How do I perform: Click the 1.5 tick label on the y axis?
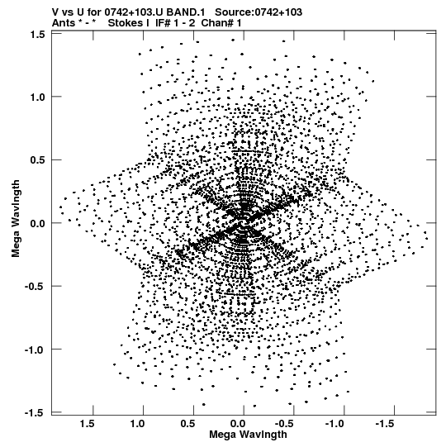[38, 35]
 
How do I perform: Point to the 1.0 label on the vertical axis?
[38, 97]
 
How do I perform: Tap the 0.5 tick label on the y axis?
[38, 160]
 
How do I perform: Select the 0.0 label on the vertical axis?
[38, 223]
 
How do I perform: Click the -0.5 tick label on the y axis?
[35, 287]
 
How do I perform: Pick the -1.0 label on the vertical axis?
[35, 350]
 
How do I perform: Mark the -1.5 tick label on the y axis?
[35, 413]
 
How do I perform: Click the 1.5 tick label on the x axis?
[87, 424]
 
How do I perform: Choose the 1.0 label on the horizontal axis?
[137, 424]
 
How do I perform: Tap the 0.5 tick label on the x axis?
[187, 424]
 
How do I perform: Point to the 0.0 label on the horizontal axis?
[238, 424]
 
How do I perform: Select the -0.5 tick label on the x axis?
[286, 424]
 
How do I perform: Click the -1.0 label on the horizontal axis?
[336, 424]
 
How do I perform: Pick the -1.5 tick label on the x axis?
[387, 424]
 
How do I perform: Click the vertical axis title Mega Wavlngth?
[16, 219]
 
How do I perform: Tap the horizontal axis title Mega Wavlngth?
[248, 435]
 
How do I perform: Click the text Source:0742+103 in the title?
[259, 12]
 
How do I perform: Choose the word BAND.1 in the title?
[186, 12]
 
